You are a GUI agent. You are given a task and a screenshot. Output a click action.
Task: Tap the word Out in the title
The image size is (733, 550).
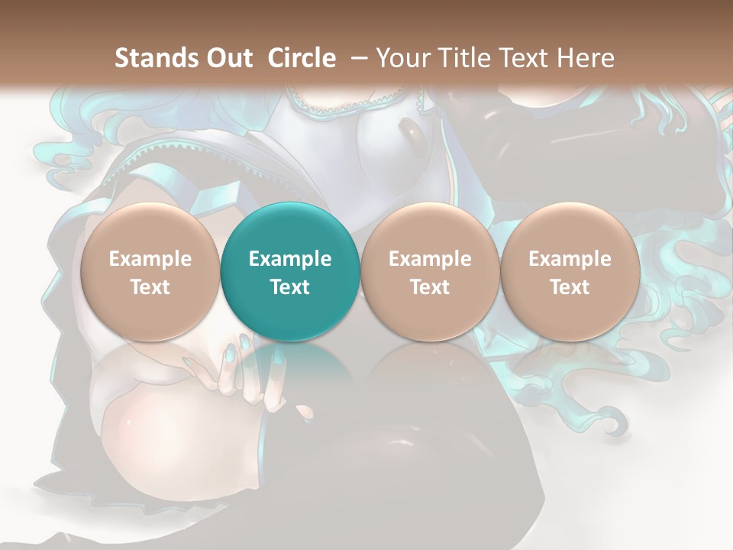pos(228,58)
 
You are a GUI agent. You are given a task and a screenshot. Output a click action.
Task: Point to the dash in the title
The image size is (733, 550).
pos(360,58)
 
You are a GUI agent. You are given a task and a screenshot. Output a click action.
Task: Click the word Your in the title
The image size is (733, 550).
pos(402,58)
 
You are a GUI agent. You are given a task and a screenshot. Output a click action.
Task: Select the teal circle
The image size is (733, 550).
pos(290,271)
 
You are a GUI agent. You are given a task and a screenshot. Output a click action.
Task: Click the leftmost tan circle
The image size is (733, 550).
pos(150,271)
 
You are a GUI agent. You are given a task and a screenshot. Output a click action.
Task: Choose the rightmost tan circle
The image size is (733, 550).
pos(570,271)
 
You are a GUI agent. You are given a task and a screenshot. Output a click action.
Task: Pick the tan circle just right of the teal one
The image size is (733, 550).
pos(430,271)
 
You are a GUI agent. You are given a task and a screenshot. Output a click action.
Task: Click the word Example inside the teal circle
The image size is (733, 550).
pos(290,259)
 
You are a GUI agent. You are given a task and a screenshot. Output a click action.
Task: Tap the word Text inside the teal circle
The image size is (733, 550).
pos(290,287)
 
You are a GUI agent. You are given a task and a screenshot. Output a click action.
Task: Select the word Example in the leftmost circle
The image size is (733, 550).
pos(150,259)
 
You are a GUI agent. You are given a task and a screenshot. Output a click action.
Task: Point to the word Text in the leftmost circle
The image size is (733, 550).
pos(150,287)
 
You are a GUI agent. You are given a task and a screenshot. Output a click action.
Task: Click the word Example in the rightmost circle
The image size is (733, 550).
pos(570,259)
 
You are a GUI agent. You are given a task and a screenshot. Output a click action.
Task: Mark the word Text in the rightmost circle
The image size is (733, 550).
pos(570,287)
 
